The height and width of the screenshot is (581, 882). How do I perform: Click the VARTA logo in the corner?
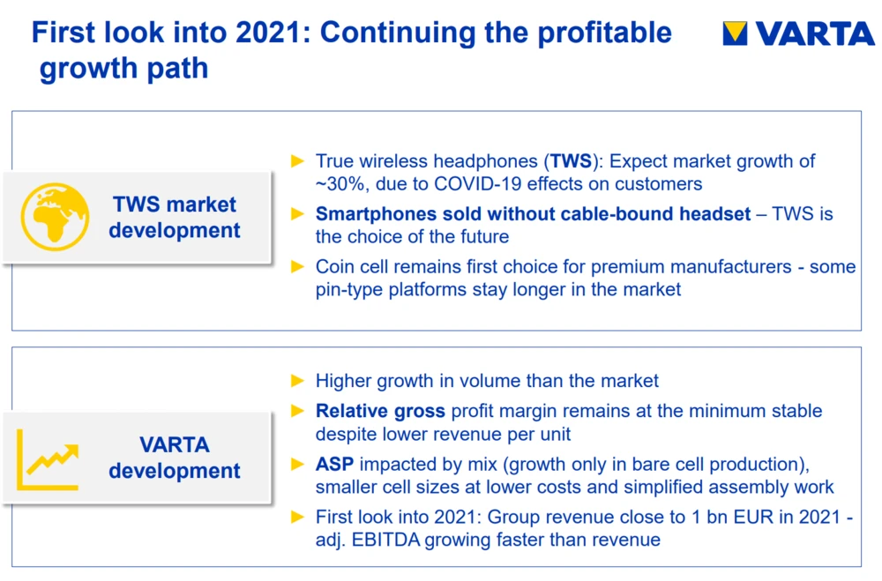coord(799,34)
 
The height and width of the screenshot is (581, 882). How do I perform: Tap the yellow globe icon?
coord(55,217)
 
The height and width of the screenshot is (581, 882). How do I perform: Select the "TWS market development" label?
coord(175,217)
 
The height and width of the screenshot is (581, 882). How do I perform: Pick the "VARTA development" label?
coord(175,458)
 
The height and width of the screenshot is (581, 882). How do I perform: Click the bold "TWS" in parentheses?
coord(571,161)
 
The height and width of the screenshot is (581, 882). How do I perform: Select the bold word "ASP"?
coord(334,464)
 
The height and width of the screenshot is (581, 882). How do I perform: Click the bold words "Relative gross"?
coord(380,411)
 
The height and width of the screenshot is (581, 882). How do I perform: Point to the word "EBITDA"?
coord(386,540)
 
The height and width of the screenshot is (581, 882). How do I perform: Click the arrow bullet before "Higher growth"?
coord(297,381)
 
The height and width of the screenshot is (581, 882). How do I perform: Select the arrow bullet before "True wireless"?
coord(297,161)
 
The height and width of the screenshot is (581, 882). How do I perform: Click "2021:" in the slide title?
coord(273,33)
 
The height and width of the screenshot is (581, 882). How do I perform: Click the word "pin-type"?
coord(348,290)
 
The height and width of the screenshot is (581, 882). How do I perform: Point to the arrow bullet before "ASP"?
coord(297,464)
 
